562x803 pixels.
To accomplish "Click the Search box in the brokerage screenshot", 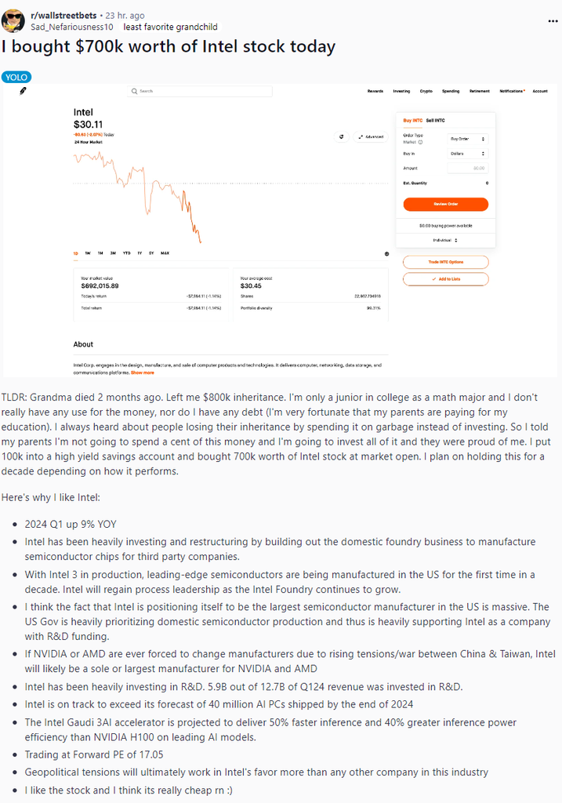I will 200,91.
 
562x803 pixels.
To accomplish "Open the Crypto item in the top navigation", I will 426,91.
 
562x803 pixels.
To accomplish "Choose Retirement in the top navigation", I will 479,91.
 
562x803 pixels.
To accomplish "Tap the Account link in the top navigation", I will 540,91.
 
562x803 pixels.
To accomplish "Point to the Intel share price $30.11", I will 88,124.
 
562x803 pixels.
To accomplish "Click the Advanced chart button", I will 371,136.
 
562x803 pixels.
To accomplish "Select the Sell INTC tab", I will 435,120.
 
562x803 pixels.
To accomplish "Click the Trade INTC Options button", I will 445,262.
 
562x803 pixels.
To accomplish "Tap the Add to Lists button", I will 445,279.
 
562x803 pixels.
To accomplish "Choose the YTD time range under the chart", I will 126,253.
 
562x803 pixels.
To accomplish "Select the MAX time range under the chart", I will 165,253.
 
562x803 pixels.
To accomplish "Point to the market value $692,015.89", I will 100,285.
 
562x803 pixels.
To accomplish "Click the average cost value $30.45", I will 251,285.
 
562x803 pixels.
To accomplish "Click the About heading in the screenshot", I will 83,344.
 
